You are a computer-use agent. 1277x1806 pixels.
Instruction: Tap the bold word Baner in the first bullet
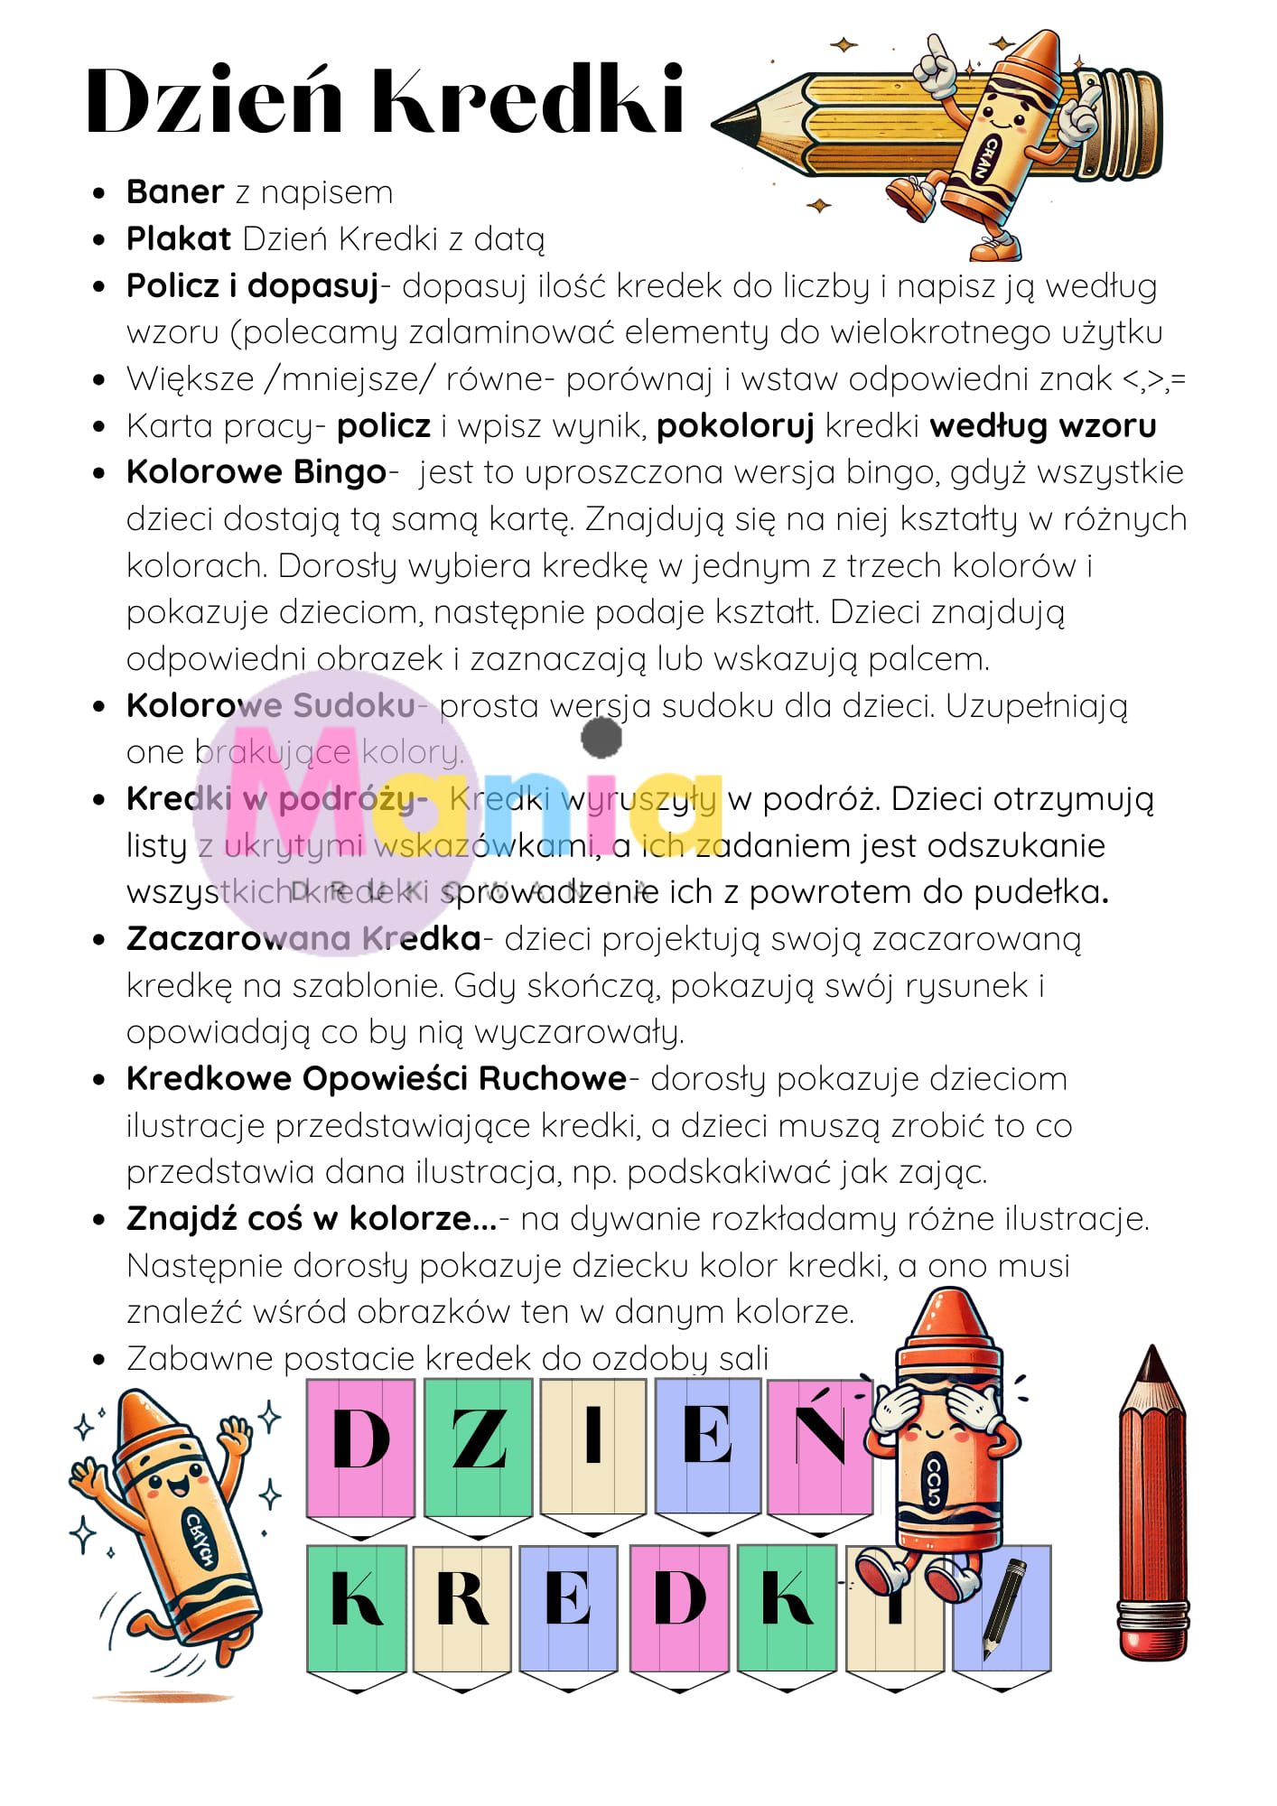(x=175, y=192)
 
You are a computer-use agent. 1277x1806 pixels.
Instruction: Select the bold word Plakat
(x=179, y=239)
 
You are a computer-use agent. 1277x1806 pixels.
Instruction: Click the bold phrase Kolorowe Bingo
(x=256, y=472)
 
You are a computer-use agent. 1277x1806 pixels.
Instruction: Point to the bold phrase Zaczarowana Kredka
(x=303, y=939)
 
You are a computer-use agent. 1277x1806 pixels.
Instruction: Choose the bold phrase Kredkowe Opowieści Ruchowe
(x=377, y=1079)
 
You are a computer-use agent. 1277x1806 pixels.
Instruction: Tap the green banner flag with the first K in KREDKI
(x=357, y=1607)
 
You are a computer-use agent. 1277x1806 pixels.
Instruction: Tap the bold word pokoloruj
(x=735, y=426)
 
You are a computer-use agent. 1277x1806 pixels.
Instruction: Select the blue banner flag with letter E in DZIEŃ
(x=708, y=1445)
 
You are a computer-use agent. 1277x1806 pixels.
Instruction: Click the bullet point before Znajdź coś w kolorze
(x=99, y=1220)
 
